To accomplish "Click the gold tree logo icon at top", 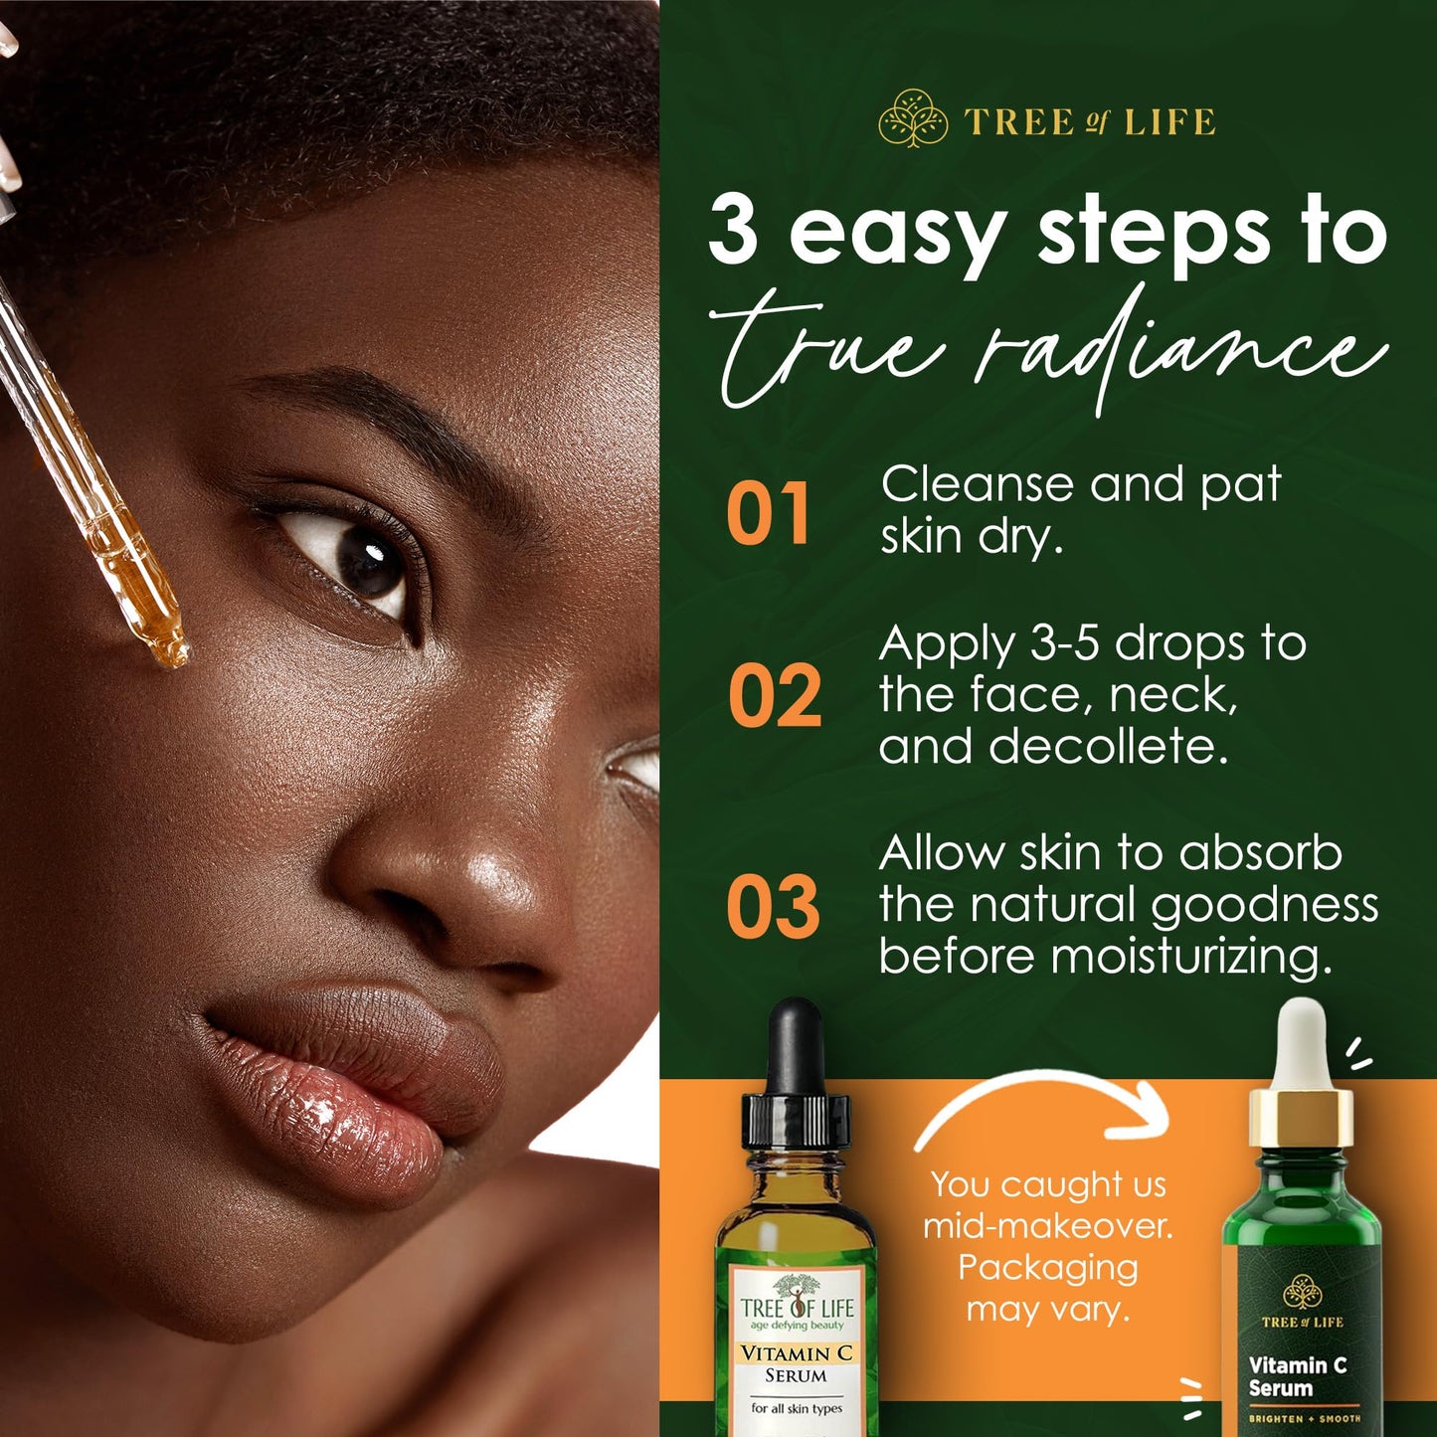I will tap(913, 119).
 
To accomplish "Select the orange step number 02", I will tap(774, 696).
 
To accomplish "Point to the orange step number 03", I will tap(773, 908).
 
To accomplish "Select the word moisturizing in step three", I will tap(1190, 957).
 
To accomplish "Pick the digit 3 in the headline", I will tap(733, 231).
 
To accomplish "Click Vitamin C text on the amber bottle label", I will tap(796, 1353).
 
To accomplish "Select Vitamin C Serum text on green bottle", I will tap(1297, 1376).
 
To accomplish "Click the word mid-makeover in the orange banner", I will tap(1047, 1225).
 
